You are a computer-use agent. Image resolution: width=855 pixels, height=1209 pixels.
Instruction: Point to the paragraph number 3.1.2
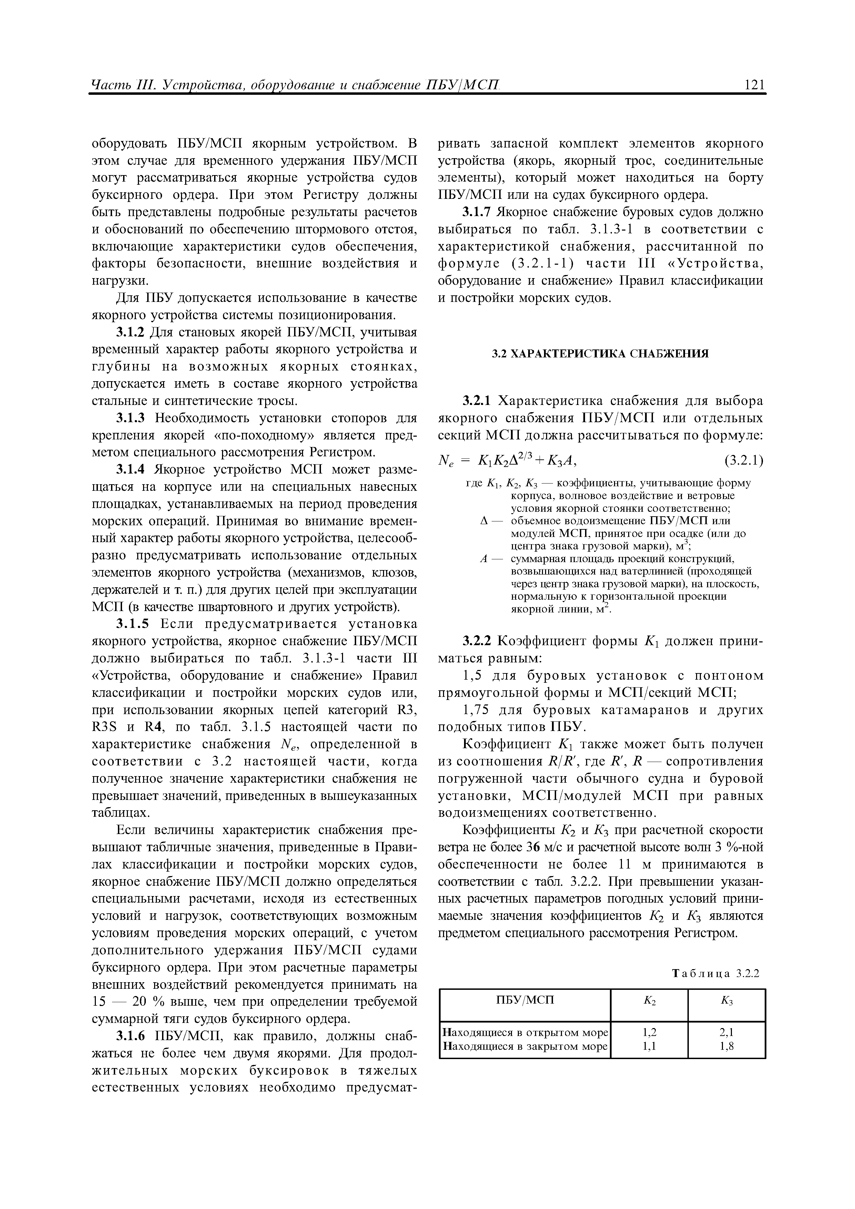131,333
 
